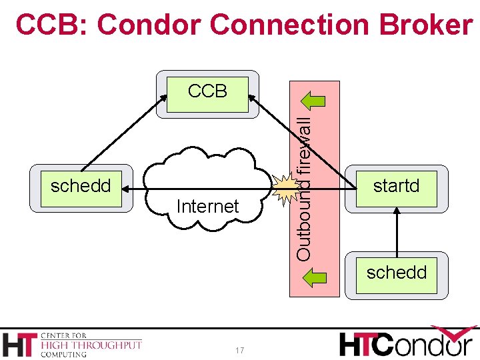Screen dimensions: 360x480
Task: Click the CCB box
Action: [x=207, y=94]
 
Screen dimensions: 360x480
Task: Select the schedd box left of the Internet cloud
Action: [x=81, y=187]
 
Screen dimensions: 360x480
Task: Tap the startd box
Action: [x=397, y=186]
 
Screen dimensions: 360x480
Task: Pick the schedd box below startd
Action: [x=397, y=274]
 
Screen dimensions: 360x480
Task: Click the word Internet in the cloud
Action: [x=207, y=207]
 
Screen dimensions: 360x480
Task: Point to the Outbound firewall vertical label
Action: [x=304, y=189]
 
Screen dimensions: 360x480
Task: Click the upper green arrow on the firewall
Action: [x=314, y=101]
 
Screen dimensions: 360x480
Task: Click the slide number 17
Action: [x=240, y=351]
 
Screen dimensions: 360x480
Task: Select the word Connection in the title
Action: [x=281, y=25]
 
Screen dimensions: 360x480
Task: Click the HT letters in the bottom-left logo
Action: [x=20, y=344]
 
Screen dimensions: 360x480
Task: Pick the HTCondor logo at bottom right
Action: [x=408, y=343]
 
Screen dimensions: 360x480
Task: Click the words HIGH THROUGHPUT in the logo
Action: [x=91, y=345]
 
